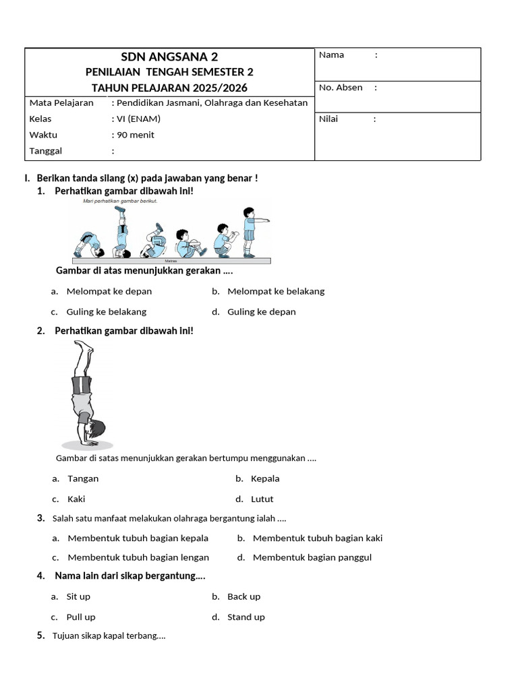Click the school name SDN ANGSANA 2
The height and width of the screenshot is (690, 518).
(169, 57)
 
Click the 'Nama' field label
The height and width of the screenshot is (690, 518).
(331, 55)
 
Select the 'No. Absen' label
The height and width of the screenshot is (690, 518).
(341, 88)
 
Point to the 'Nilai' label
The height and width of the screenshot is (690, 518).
(328, 119)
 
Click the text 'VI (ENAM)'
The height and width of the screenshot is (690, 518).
(139, 119)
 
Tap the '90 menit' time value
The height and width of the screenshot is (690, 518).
(136, 135)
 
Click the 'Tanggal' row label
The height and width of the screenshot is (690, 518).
(46, 151)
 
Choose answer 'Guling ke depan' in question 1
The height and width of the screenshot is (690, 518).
(261, 312)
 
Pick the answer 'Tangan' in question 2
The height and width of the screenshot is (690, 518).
(83, 478)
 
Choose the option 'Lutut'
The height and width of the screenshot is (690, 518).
(262, 499)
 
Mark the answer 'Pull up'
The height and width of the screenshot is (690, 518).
(81, 617)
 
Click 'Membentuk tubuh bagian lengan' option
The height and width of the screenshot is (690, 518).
(138, 557)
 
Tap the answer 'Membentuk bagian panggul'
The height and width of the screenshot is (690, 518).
(312, 557)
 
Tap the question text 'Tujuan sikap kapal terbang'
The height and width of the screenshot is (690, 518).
(109, 635)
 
